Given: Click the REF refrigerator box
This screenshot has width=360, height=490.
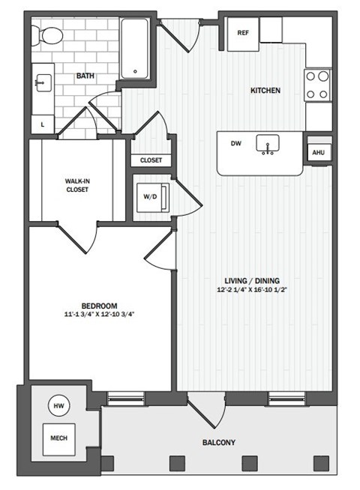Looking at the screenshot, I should tap(243, 34).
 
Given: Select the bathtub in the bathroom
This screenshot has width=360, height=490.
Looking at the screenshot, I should tap(135, 48).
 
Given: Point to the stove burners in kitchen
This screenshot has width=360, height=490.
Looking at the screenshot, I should tap(318, 85).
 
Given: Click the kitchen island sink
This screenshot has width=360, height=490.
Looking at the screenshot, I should tap(266, 144).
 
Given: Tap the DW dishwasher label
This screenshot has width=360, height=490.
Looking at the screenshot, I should tap(235, 143).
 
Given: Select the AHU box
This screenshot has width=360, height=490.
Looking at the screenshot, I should tap(318, 152).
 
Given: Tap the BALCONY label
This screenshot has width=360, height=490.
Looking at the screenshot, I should tap(218, 443).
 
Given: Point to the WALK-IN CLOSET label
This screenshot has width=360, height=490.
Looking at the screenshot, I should tap(76, 185).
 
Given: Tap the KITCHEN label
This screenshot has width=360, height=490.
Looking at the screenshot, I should tap(265, 91).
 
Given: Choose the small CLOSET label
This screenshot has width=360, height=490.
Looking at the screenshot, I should tap(151, 160).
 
